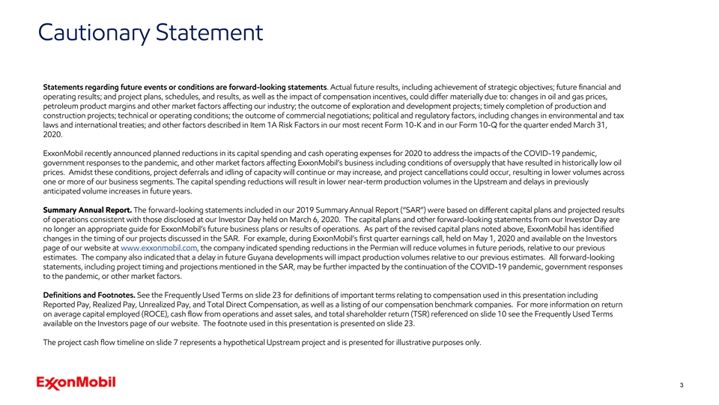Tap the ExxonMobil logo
click(76, 383)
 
